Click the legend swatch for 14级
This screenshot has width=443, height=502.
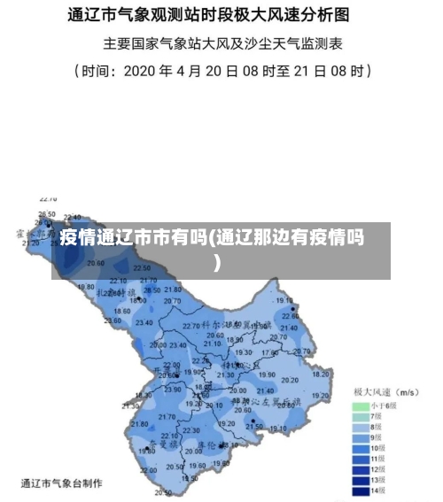pyautogui.click(x=361, y=490)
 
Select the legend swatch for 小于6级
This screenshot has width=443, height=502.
pyautogui.click(x=361, y=405)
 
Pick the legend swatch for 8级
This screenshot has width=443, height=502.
pyautogui.click(x=361, y=427)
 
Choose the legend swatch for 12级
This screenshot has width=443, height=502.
pyautogui.click(x=361, y=468)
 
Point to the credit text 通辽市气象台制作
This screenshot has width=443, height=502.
pyautogui.click(x=62, y=483)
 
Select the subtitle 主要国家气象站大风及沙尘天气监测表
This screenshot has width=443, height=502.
pyautogui.click(x=222, y=42)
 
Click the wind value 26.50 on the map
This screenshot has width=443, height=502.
pyautogui.click(x=47, y=214)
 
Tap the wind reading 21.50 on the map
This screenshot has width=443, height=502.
pyautogui.click(x=254, y=427)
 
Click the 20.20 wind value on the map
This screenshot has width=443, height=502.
pyautogui.click(x=289, y=380)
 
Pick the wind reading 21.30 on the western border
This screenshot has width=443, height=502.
pyautogui.click(x=131, y=405)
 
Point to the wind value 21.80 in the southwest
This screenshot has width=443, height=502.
pyautogui.click(x=140, y=424)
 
